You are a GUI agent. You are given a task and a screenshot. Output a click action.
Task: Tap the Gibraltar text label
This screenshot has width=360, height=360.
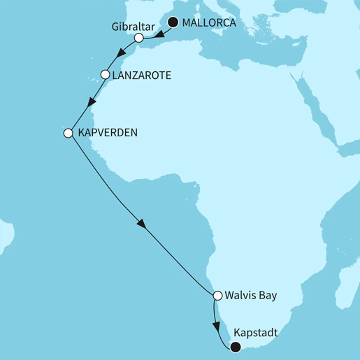point(130,26)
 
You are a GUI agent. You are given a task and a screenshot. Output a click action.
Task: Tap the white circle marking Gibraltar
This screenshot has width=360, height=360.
point(139,38)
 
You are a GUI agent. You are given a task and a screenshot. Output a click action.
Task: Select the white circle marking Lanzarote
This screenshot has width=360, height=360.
point(106,73)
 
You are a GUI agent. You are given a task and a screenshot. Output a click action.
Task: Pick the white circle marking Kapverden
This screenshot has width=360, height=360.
point(69,132)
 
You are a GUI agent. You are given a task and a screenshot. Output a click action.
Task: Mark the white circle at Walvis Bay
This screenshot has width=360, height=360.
point(217,295)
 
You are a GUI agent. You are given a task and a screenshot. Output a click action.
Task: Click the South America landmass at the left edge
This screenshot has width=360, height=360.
point(6,234)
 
